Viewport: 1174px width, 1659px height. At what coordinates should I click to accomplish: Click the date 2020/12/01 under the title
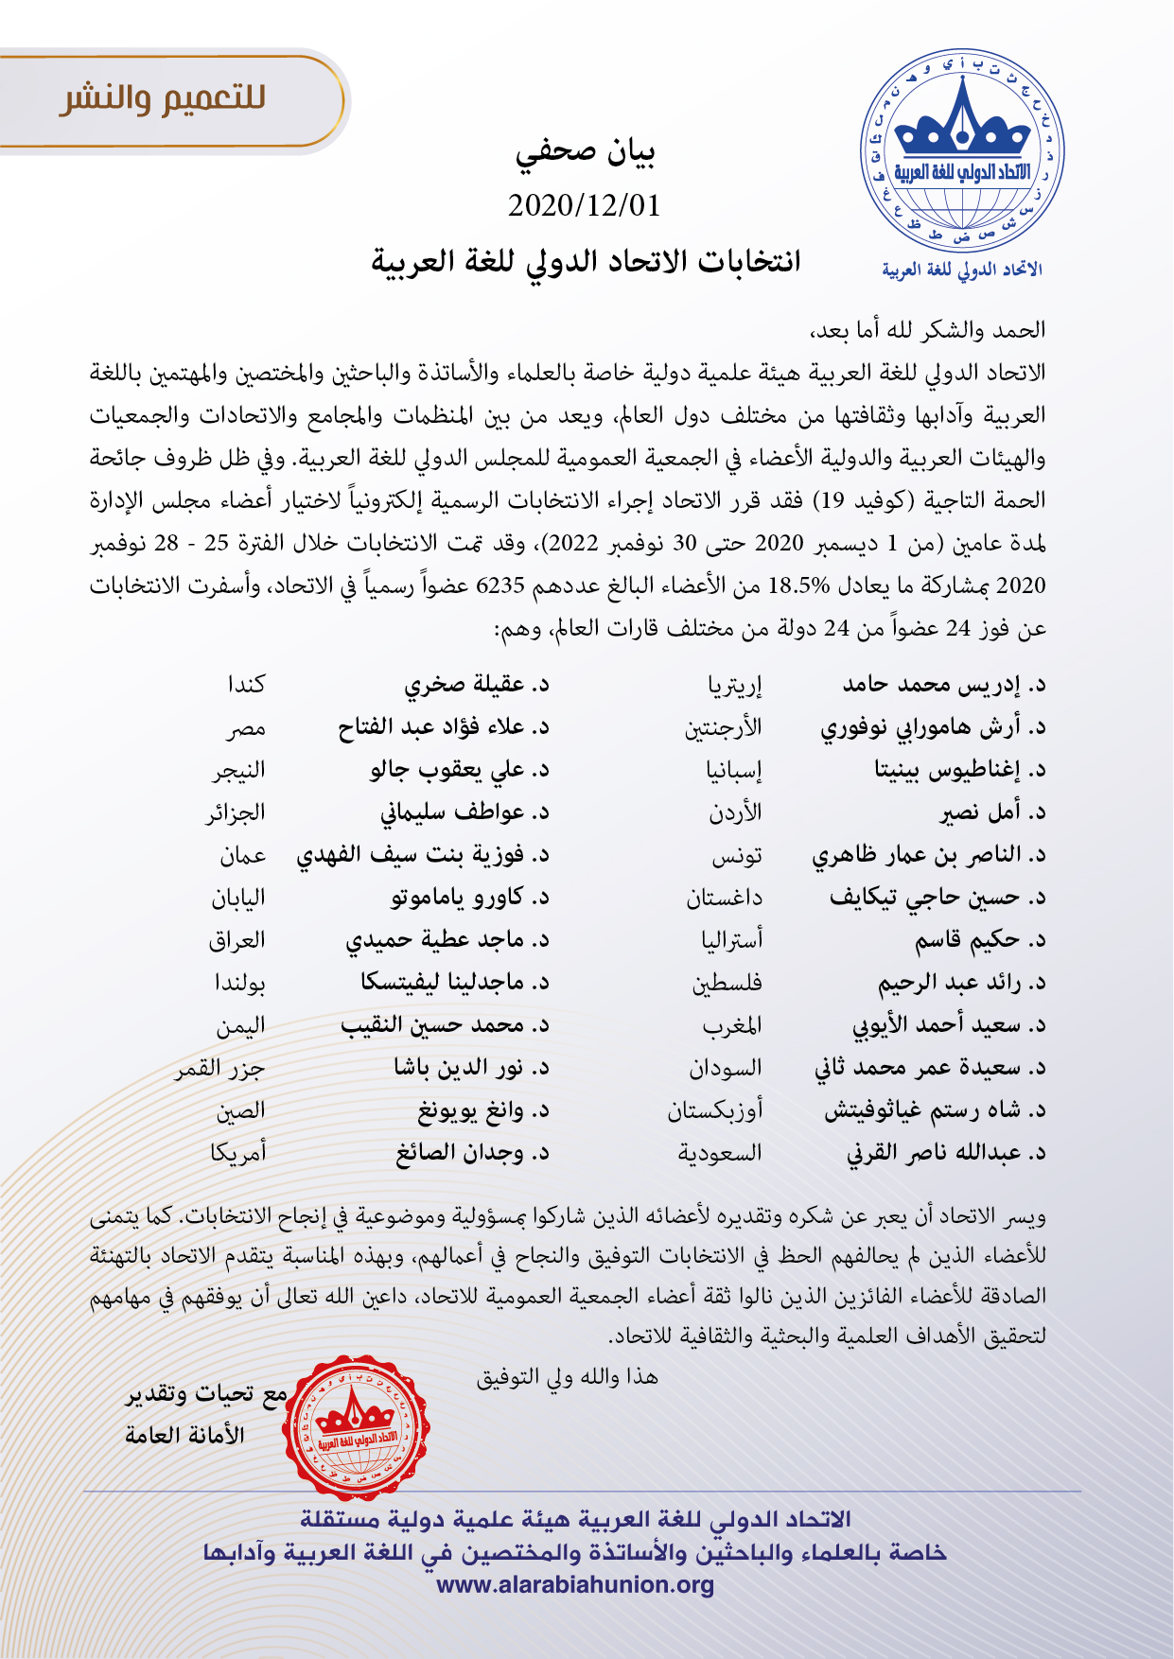584,205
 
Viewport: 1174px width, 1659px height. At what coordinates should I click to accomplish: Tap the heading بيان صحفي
586,153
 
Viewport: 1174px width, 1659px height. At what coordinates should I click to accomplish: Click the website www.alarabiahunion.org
575,1585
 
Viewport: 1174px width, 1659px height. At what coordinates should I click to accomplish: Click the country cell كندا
246,684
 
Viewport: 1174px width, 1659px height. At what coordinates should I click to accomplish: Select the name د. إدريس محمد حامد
944,684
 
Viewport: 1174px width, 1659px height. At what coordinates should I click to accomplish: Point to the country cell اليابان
237,898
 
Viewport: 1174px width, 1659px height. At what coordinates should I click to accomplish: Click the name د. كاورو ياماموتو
470,898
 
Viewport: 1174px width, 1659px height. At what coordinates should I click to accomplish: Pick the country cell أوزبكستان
714,1110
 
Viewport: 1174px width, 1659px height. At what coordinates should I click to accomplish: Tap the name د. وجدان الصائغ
472,1153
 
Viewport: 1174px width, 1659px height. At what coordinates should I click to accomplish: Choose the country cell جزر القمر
219,1068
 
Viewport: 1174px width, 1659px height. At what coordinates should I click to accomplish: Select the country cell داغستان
724,898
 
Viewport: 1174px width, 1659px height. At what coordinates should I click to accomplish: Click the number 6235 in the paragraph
499,585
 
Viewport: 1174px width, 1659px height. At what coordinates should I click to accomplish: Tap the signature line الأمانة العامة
184,1435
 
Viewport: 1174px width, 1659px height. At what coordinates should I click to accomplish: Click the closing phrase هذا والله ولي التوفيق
567,1377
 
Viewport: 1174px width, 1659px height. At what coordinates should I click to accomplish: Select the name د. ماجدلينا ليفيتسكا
455,983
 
